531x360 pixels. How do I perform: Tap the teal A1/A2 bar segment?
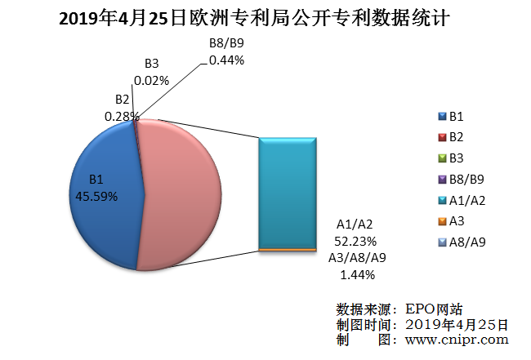click(x=288, y=192)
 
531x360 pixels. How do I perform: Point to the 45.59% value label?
click(x=96, y=196)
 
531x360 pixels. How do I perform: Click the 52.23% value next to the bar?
click(x=355, y=241)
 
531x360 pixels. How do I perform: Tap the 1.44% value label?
click(x=355, y=274)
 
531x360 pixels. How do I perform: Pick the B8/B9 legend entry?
click(x=461, y=179)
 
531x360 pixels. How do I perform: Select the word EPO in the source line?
click(x=416, y=309)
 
